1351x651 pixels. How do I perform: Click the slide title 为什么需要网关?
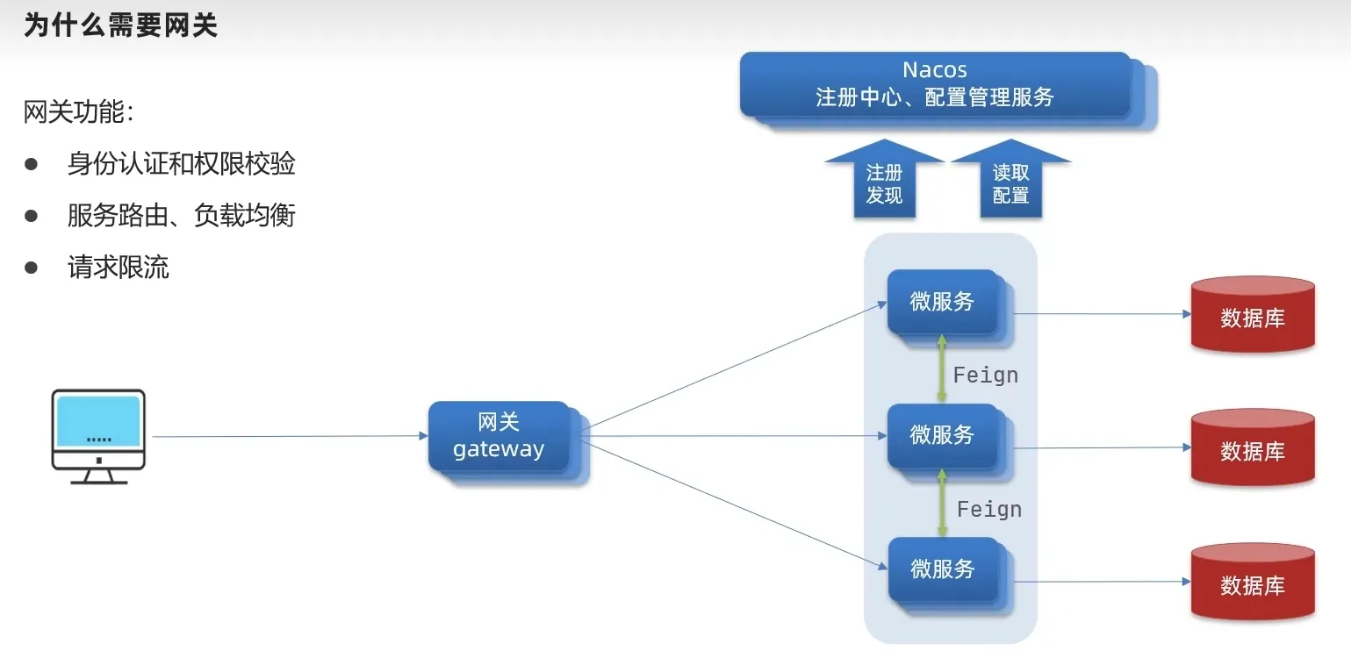pos(120,25)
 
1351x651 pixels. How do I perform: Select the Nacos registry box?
pos(935,84)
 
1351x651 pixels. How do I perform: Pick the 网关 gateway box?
pos(499,436)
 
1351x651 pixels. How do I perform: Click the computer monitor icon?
pos(98,435)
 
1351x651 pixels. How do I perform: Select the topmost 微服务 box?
pos(943,302)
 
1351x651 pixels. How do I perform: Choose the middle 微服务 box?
pos(943,435)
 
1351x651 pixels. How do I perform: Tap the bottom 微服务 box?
pos(943,569)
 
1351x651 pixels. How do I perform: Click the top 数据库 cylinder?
pos(1253,315)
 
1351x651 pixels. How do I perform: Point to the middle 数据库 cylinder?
pos(1253,448)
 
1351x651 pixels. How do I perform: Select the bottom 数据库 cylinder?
pos(1253,583)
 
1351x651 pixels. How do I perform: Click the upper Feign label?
pos(986,376)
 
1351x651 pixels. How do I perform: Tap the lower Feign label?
pos(989,510)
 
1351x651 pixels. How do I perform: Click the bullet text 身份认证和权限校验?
pos(181,164)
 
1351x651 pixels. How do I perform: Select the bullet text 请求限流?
pos(119,268)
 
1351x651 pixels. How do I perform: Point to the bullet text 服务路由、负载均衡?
pos(181,216)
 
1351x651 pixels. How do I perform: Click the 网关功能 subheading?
pos(79,112)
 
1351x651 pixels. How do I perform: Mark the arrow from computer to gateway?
pos(290,436)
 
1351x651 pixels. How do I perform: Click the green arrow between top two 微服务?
pos(942,368)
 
